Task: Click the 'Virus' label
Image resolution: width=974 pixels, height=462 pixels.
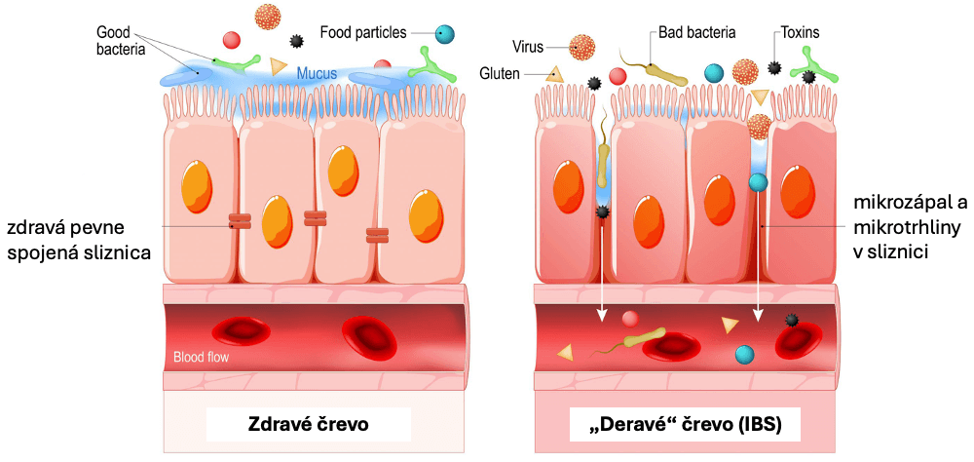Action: [x=527, y=45]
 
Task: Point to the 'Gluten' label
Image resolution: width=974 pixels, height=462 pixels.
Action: [x=501, y=73]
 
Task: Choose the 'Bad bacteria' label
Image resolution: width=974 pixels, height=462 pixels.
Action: [x=696, y=33]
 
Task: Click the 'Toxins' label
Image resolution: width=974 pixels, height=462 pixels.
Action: [x=800, y=33]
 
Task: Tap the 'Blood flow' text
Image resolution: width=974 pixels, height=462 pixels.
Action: [x=201, y=358]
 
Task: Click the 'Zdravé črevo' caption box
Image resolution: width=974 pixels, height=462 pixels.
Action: [x=308, y=425]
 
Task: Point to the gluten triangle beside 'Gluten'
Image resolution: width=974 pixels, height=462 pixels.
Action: [x=555, y=72]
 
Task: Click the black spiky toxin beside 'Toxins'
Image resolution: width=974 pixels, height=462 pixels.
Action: [x=774, y=66]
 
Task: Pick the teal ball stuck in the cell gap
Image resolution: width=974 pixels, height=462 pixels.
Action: [x=757, y=182]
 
